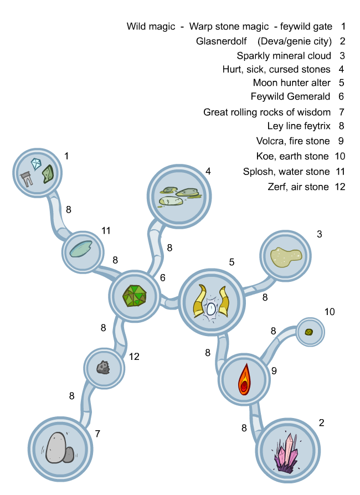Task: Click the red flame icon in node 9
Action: click(244, 379)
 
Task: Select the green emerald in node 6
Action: click(135, 296)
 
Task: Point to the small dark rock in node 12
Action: click(102, 367)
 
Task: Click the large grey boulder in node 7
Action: click(56, 447)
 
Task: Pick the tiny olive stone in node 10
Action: click(310, 332)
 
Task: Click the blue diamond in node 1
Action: click(37, 163)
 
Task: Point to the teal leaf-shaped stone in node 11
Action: click(82, 249)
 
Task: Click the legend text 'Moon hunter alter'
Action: click(291, 82)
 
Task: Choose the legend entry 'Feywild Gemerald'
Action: click(290, 96)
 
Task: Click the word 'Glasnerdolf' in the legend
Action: click(222, 41)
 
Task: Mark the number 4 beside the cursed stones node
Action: click(208, 171)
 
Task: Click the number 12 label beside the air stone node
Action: click(134, 357)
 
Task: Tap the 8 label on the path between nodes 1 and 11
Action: click(69, 209)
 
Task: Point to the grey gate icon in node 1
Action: click(25, 178)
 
